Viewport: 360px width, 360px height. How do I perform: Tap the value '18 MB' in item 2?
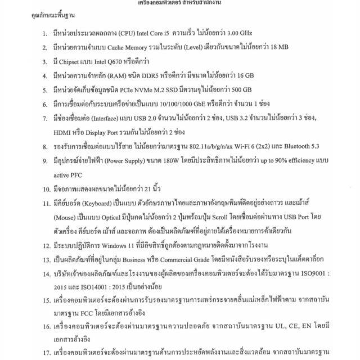coord(280,48)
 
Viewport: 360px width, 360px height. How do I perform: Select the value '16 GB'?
coord(243,75)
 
